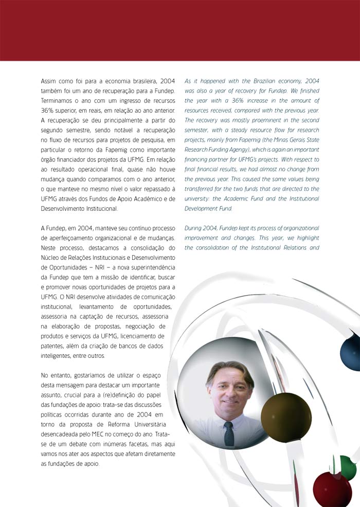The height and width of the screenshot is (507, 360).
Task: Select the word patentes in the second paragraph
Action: click(53, 346)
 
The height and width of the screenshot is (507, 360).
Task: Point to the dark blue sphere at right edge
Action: click(351, 351)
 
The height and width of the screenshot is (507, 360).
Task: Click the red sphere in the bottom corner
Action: click(332, 490)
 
